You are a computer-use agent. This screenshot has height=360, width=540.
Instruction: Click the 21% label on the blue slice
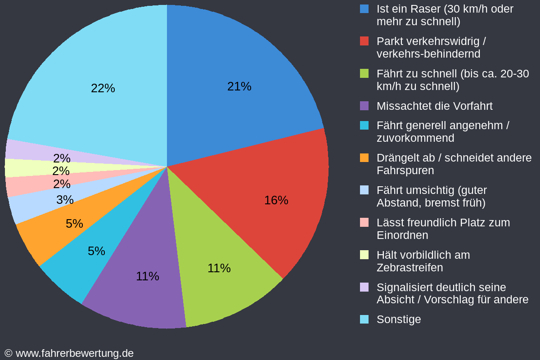(x=239, y=86)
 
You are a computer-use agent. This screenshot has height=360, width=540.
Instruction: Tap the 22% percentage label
(x=103, y=88)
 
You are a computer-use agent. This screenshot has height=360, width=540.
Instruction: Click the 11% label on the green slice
(x=219, y=268)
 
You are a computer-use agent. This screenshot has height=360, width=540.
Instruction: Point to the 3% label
(x=65, y=200)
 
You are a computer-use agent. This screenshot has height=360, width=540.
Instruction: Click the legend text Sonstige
(x=399, y=319)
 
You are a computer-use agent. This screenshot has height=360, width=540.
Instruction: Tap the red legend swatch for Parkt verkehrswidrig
(x=364, y=41)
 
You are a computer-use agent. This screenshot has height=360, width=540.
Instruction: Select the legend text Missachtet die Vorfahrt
(x=434, y=106)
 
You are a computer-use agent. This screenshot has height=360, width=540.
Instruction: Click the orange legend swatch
(x=364, y=158)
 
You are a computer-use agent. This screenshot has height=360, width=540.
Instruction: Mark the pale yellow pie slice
(x=18, y=168)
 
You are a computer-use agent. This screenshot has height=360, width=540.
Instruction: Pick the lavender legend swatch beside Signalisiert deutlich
(x=364, y=287)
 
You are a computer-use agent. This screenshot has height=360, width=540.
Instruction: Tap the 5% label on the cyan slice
(x=96, y=251)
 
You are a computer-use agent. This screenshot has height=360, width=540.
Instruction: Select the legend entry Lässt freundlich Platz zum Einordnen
(x=443, y=229)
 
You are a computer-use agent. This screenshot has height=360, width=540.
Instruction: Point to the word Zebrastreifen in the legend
(x=409, y=268)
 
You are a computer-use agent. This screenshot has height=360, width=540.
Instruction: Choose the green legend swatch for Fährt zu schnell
(x=364, y=73)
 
